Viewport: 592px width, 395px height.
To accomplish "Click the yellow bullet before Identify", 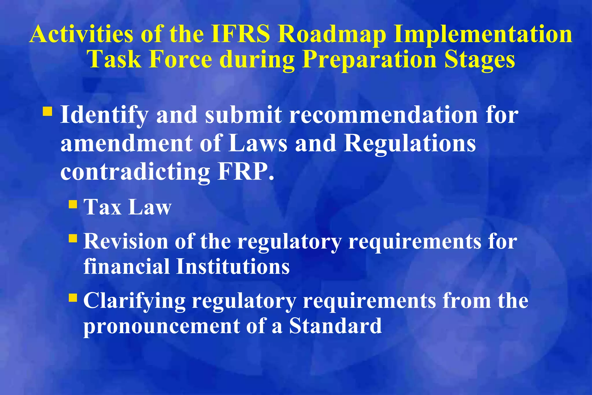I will tap(47, 111).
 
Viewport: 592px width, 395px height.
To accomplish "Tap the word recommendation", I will tap(383, 115).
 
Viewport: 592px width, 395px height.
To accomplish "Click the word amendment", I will tap(127, 143).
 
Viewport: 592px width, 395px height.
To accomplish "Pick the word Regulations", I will tap(410, 144).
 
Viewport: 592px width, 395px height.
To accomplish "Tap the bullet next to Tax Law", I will tap(73, 204).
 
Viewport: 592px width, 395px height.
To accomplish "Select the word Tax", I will tap(102, 207).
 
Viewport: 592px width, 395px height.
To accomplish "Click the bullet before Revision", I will tap(73, 239).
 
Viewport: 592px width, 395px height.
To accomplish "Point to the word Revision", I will tap(125, 241).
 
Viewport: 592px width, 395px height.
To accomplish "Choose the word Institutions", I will tap(233, 266).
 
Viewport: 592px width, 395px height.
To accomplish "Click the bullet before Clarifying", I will tap(73, 298).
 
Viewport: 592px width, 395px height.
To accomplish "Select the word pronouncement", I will tap(161, 326).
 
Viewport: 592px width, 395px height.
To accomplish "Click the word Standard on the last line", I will tap(335, 326).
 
